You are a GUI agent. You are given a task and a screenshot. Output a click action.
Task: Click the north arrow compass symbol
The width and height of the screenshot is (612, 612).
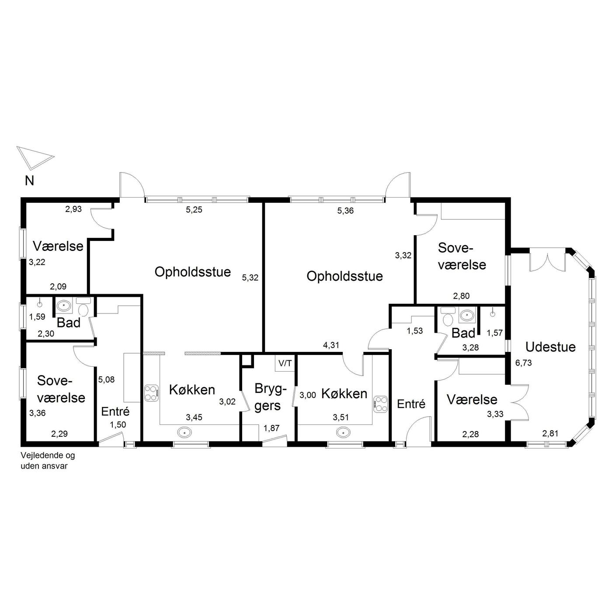(35, 157)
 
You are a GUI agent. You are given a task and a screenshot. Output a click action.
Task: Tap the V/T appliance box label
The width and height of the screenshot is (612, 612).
(285, 363)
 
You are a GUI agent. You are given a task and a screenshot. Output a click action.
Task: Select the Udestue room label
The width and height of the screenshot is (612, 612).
(550, 347)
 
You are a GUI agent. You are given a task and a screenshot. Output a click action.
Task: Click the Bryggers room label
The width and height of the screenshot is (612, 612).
(270, 397)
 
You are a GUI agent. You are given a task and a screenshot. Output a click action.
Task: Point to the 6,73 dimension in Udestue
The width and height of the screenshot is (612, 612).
(523, 363)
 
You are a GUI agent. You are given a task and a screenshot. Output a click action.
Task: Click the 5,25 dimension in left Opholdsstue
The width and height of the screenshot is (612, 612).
(194, 210)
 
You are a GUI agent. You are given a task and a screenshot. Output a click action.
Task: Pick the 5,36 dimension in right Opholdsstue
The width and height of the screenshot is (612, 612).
(345, 211)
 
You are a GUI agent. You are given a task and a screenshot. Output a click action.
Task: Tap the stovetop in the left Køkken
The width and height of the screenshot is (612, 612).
(152, 393)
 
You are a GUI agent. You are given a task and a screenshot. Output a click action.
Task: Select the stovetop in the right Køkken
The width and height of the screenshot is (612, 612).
(380, 404)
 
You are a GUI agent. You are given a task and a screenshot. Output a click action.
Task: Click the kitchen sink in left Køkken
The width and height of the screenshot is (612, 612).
(184, 432)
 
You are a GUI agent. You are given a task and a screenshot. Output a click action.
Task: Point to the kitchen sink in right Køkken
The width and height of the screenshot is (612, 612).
(343, 432)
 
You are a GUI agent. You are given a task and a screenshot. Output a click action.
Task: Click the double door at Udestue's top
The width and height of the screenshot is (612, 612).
(548, 262)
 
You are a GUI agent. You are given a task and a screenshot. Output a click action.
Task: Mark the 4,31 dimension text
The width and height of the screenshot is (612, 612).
(331, 345)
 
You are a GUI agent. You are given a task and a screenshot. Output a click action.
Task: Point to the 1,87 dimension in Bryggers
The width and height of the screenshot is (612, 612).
(271, 428)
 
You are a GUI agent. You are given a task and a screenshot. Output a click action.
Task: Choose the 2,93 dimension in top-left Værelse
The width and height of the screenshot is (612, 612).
(73, 209)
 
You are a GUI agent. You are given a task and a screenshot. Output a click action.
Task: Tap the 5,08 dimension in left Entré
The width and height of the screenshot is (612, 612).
(106, 379)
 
